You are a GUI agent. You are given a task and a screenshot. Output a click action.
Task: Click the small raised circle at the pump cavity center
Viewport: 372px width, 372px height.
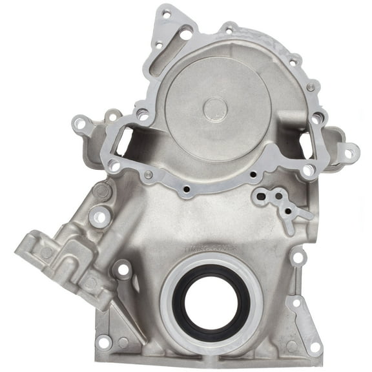[x=215, y=108]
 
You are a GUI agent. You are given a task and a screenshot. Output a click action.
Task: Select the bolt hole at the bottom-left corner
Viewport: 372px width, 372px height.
[x=103, y=342]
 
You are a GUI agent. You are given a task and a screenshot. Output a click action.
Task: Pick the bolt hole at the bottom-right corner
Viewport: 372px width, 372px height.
[x=316, y=346]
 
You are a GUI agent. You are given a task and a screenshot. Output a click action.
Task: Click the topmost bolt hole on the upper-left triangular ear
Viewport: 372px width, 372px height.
[x=166, y=14]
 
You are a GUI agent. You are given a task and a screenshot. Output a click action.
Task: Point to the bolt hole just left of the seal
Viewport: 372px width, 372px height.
[x=121, y=270]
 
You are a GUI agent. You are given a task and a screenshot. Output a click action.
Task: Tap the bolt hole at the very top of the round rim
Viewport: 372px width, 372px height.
[x=229, y=28]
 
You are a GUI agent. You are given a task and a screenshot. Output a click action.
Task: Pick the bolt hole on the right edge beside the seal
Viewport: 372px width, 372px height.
[x=298, y=258]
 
